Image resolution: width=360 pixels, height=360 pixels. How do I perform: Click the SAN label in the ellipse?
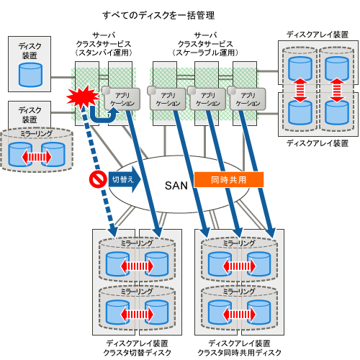(x=176, y=186)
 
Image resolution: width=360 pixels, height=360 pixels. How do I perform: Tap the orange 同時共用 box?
(x=229, y=179)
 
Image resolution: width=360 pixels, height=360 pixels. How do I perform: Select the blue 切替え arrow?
(x=125, y=179)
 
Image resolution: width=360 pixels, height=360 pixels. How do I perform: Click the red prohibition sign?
(x=98, y=179)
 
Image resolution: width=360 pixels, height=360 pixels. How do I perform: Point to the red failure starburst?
(x=83, y=96)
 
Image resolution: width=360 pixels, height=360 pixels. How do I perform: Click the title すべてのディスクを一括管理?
(x=158, y=16)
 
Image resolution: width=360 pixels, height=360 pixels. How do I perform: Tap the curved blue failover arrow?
(x=104, y=115)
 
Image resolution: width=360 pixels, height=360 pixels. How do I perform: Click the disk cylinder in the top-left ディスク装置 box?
(x=30, y=75)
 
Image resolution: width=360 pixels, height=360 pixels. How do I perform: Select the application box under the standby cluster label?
(x=122, y=99)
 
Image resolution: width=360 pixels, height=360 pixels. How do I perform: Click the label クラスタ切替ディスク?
(x=137, y=353)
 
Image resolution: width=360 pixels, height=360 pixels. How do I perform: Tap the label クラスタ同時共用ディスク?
(x=239, y=353)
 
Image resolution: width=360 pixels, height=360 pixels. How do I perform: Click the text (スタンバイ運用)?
(x=104, y=53)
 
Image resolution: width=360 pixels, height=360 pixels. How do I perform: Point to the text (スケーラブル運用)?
(x=205, y=53)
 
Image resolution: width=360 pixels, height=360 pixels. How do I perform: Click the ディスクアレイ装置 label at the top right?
(x=318, y=35)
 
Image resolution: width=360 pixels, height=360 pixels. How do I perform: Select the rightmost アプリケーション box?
(x=247, y=99)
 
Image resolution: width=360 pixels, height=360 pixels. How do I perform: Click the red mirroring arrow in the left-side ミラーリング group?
(x=37, y=158)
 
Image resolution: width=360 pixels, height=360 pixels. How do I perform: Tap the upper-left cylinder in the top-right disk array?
(x=300, y=68)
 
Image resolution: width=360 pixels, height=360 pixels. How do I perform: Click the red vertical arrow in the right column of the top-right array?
(x=337, y=90)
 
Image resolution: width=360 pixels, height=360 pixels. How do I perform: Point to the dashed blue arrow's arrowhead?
(x=112, y=231)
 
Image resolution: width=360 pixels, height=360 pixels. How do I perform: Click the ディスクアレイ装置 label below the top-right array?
(x=318, y=143)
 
